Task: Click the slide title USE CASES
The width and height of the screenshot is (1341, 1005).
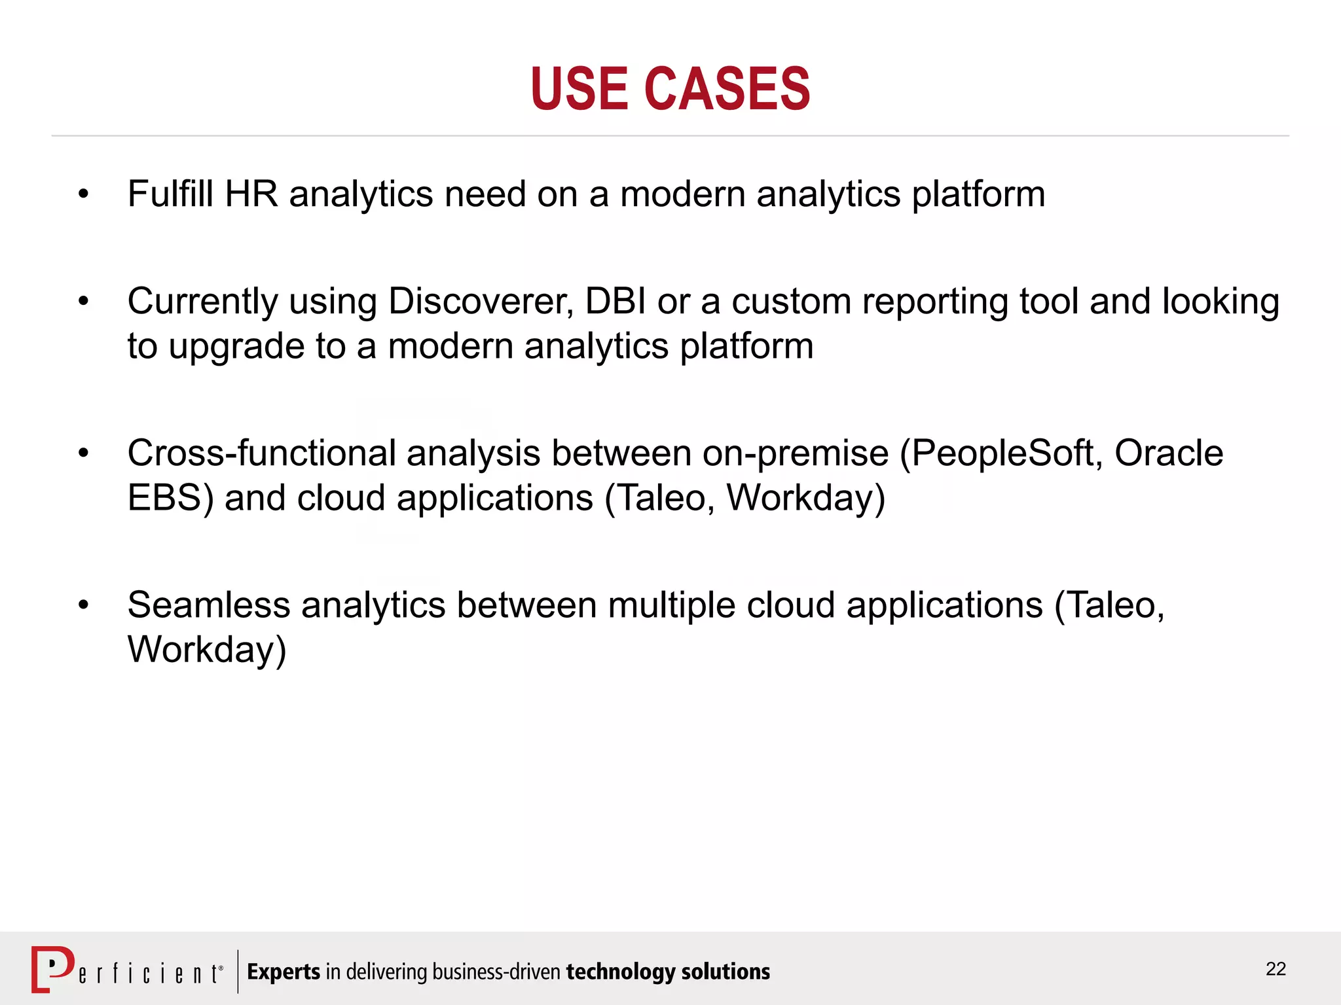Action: [x=670, y=89]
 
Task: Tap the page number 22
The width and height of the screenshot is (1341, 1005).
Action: [x=1276, y=969]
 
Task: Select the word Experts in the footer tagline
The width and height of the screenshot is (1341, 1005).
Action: [x=284, y=972]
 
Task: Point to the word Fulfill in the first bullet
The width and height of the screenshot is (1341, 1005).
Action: [x=170, y=194]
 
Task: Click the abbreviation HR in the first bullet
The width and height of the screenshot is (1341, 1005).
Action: [x=251, y=194]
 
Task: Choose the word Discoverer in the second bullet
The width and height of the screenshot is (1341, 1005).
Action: [x=481, y=302]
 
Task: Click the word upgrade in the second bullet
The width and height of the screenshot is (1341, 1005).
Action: [x=236, y=347]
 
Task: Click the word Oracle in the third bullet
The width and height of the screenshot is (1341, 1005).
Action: [x=1169, y=453]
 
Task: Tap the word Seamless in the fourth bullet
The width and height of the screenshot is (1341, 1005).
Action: [x=209, y=605]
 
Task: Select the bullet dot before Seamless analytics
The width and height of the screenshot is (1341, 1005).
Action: [x=83, y=605]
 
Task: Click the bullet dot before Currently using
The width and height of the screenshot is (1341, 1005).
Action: [x=83, y=302]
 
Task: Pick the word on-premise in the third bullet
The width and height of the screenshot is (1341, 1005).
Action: [x=795, y=453]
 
